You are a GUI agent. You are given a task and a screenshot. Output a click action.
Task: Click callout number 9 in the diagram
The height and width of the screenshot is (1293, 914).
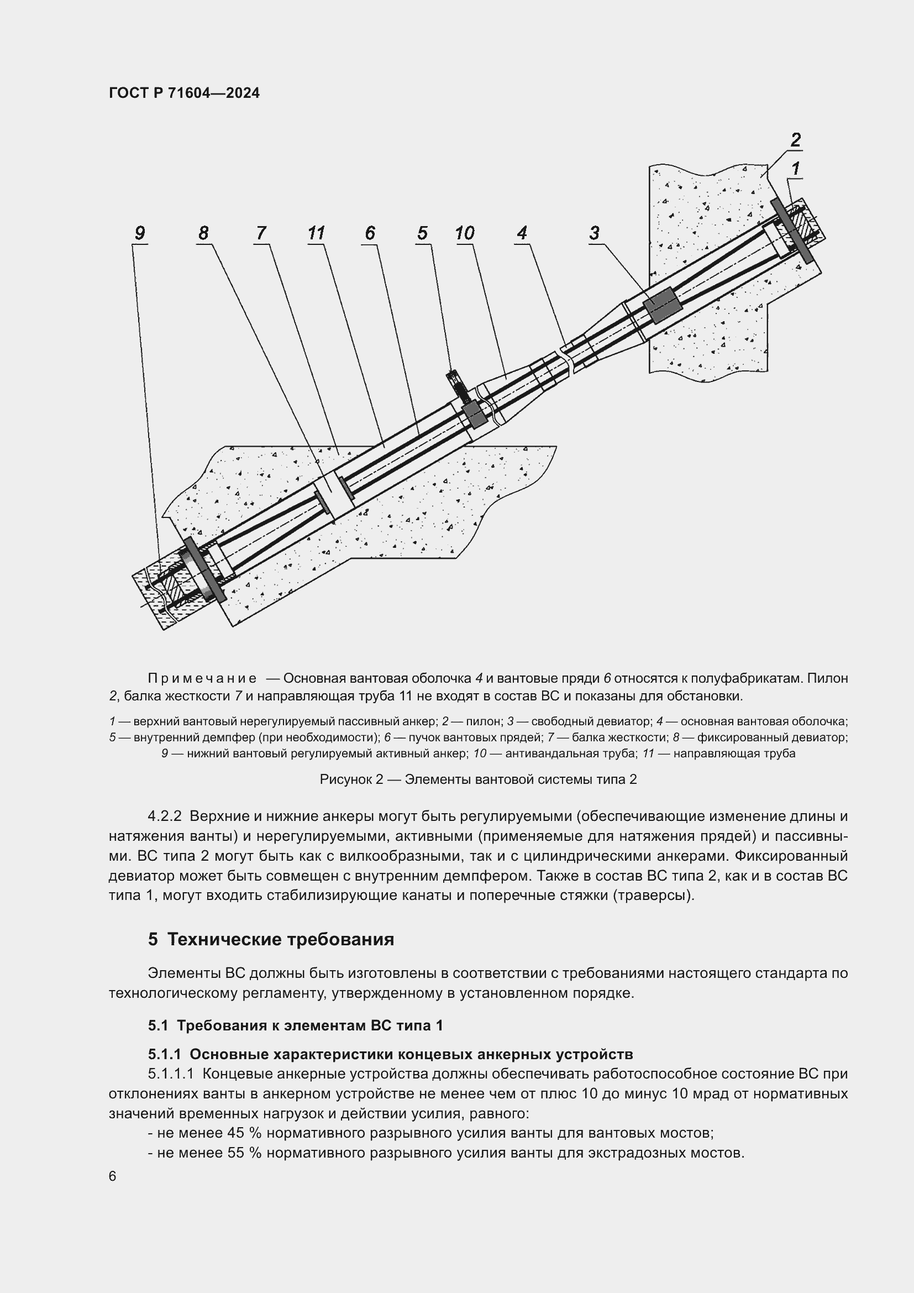140,233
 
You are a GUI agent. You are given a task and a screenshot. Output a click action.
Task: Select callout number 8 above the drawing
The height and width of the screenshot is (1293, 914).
203,233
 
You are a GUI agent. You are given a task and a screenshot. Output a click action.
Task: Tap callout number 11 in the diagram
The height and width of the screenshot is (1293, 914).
316,233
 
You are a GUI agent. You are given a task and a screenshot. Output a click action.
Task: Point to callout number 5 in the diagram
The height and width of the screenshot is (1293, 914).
422,233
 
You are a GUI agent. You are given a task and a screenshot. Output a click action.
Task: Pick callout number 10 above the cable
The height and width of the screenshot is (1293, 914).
465,233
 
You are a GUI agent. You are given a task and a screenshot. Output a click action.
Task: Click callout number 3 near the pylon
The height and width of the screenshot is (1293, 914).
595,233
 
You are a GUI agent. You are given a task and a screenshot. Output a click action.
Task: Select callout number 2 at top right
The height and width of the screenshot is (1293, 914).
795,139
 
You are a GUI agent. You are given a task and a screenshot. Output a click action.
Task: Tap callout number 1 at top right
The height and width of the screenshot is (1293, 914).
795,168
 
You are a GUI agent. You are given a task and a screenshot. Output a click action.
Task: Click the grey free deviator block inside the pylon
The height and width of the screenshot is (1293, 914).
662,305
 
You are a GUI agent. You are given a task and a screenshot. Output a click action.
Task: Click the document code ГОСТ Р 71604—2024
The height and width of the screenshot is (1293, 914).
184,93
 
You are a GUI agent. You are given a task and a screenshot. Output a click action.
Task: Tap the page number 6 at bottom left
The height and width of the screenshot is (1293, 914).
113,1176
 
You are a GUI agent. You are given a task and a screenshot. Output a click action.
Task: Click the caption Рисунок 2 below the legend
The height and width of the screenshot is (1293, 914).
478,779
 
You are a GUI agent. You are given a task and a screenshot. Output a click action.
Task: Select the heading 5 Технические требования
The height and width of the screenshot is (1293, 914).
271,939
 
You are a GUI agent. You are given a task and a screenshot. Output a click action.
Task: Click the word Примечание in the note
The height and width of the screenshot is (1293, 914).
202,678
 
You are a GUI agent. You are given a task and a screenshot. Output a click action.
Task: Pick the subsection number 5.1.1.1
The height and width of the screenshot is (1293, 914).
171,1074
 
